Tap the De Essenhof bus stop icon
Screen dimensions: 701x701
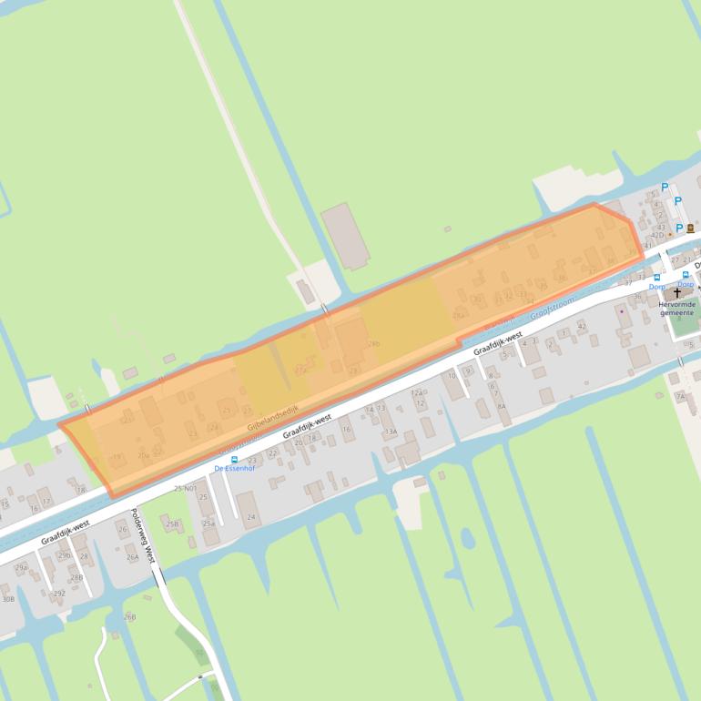click(235, 459)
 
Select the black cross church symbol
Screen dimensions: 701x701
click(677, 293)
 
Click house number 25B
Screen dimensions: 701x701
click(172, 523)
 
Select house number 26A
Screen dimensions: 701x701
click(133, 556)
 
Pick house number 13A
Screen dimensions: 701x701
click(391, 432)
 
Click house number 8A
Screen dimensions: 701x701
click(501, 407)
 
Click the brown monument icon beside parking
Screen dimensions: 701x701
click(691, 228)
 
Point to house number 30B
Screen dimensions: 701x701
click(7, 599)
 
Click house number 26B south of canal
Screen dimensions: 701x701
click(129, 616)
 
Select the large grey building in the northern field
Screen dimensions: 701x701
click(346, 236)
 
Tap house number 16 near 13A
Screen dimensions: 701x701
click(346, 429)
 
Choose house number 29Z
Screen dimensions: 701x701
click(59, 593)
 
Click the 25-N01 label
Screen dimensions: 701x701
click(185, 489)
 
